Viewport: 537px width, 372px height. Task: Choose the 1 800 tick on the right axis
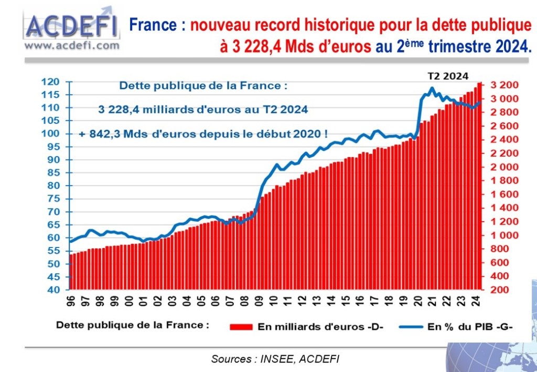[x=504, y=181]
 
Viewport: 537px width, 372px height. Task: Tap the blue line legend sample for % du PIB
[x=411, y=326]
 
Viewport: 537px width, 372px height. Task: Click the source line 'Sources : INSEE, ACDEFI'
[x=275, y=359]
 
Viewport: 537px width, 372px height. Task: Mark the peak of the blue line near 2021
[x=432, y=88]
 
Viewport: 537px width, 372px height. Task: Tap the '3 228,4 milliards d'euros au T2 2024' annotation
[x=202, y=109]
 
